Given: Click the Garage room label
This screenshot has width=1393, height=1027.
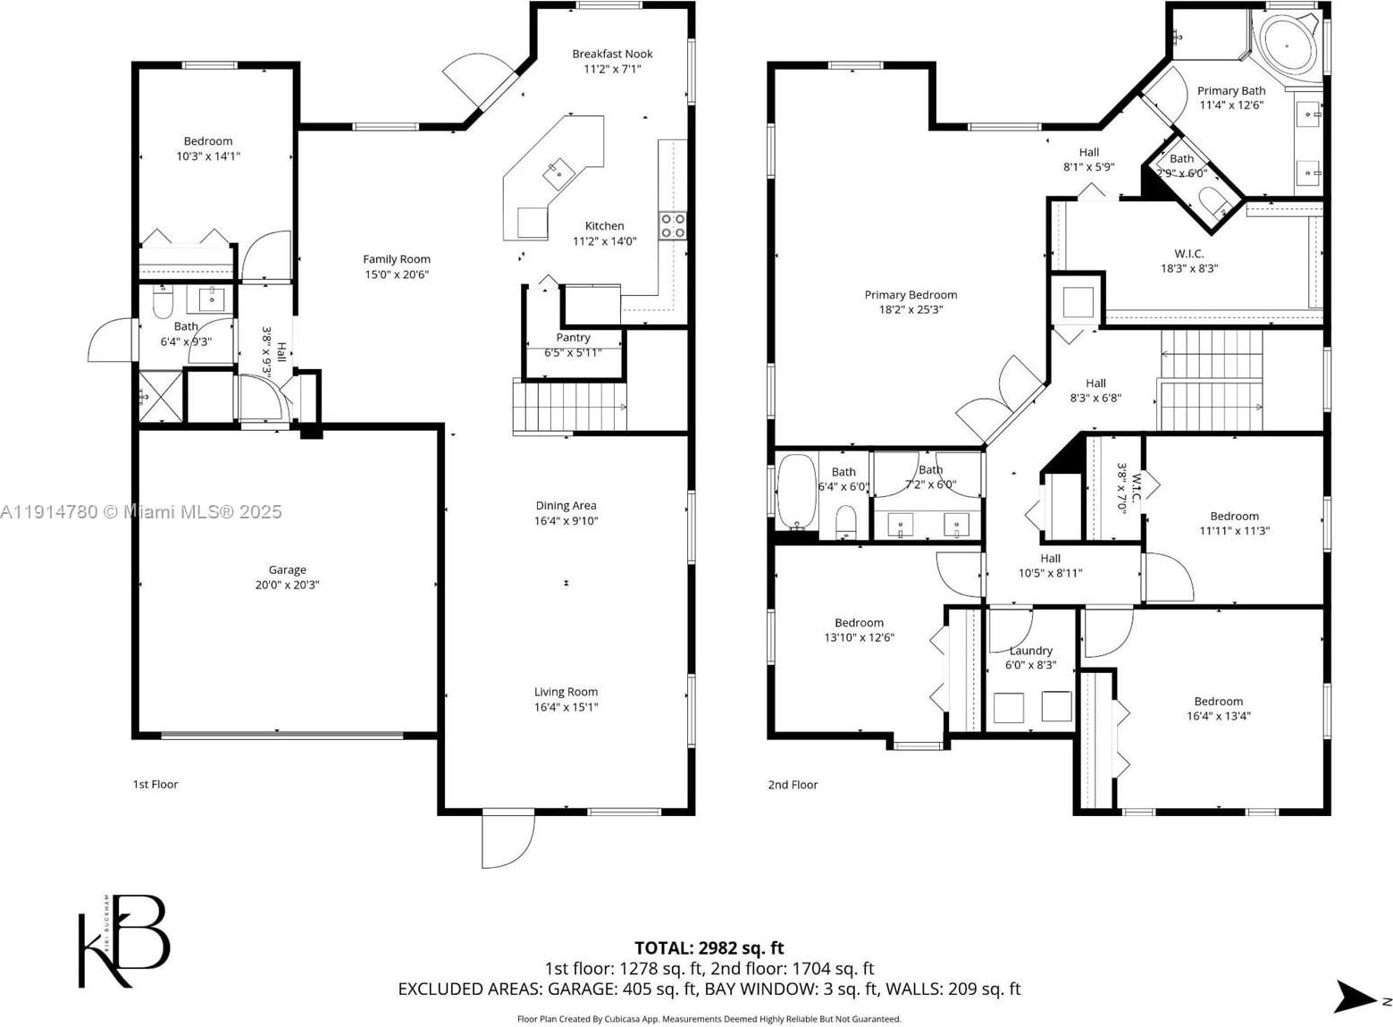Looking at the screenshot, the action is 288,569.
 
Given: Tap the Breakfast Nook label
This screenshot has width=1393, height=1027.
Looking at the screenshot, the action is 613,55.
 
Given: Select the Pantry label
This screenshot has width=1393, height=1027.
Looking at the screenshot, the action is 573,337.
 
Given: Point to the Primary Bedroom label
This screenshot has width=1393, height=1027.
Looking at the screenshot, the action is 911,295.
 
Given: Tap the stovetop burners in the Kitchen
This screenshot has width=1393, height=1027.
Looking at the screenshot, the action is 673,225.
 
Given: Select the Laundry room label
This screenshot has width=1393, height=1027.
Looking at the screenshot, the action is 1031,651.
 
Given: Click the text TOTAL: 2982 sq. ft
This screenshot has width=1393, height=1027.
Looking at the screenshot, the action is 709,948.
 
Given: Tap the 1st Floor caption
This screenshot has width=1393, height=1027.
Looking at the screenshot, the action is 155,785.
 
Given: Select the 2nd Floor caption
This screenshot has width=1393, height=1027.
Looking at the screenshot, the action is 793,785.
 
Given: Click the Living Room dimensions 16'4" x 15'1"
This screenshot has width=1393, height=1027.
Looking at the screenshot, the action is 566,707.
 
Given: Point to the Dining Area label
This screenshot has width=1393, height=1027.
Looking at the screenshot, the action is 566,506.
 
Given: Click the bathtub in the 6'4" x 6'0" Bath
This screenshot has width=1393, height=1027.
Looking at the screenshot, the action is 797,492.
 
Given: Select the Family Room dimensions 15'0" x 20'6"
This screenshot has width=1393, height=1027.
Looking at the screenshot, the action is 397,274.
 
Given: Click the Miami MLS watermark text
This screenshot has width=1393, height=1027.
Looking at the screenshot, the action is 141,512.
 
